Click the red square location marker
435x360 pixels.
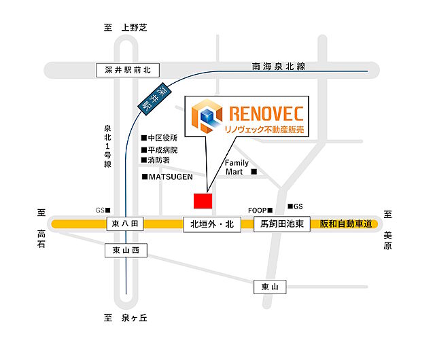point(203,200)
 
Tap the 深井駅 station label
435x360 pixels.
point(153,98)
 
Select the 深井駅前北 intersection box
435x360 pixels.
point(127,69)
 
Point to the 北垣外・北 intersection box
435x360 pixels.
point(212,224)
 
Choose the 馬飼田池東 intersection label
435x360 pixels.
point(282,224)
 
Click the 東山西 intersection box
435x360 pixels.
point(126,251)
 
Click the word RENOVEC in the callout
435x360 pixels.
point(260,111)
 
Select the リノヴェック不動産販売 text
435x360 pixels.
point(260,128)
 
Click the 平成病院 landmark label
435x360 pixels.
point(162,149)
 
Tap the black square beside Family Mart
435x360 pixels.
point(254,172)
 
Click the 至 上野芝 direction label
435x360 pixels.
point(125,28)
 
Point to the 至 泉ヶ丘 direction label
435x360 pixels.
point(125,318)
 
